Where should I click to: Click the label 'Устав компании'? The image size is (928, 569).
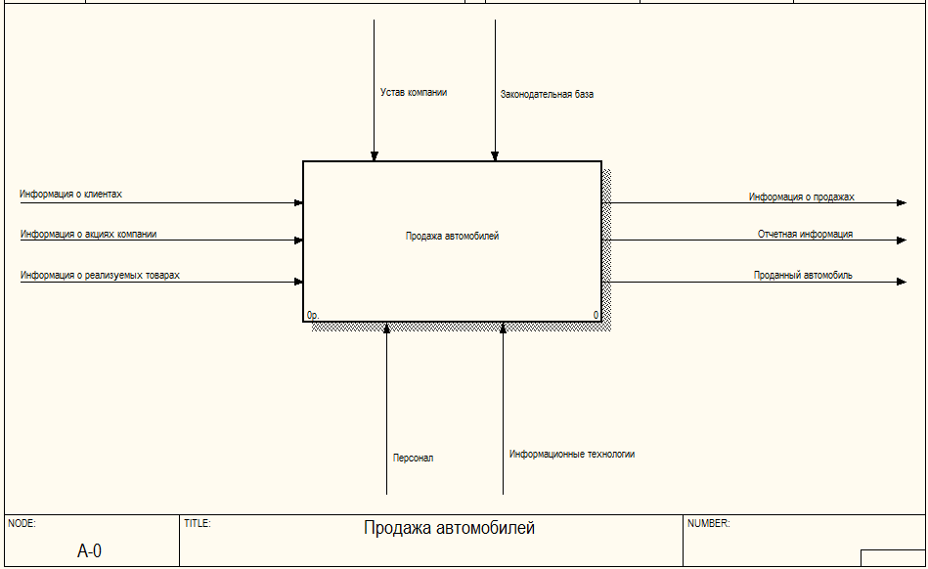tap(414, 92)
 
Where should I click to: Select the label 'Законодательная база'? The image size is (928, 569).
tap(547, 94)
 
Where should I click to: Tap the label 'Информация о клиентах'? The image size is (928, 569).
tap(71, 194)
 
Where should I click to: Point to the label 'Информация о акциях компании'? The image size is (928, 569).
tap(89, 235)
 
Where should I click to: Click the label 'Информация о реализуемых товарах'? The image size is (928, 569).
tap(100, 275)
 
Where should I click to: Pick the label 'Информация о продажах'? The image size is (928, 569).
tap(801, 197)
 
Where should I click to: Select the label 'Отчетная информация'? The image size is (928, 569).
tap(805, 235)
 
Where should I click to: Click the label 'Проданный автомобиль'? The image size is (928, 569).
tap(803, 275)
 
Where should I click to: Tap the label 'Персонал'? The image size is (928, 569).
tap(413, 458)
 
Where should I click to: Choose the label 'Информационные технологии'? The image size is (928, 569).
tap(572, 455)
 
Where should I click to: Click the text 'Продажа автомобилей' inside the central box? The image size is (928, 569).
tap(452, 236)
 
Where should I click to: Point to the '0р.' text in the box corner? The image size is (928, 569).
tap(313, 315)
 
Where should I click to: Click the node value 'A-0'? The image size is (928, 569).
tap(89, 551)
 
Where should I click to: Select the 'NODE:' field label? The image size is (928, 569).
tap(22, 523)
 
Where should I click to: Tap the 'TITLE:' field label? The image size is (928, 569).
tap(198, 523)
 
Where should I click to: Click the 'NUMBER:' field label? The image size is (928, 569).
tap(708, 523)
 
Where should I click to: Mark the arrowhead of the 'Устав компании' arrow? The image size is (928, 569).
tap(375, 156)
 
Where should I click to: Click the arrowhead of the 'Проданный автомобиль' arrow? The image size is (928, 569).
tap(902, 282)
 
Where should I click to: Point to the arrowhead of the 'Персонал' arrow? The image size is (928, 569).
tap(387, 328)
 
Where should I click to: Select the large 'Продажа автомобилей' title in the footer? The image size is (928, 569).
tap(449, 528)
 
